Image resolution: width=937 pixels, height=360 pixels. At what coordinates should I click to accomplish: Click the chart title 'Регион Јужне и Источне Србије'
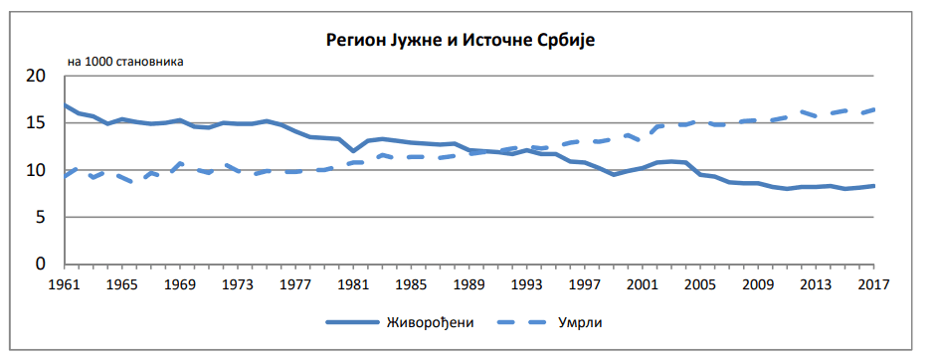click(x=468, y=41)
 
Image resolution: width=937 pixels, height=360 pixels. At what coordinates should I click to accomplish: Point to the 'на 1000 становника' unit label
click(x=126, y=62)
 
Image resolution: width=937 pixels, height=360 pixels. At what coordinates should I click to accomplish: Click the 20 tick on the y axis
click(x=37, y=77)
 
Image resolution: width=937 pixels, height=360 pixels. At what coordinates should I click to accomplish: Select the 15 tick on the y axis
click(x=37, y=123)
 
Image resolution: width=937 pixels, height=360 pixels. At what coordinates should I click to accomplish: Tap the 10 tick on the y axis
click(x=37, y=170)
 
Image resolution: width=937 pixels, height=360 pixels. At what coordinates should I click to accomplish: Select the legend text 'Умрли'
click(x=582, y=322)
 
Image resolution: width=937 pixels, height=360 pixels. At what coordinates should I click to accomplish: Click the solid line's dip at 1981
click(x=353, y=151)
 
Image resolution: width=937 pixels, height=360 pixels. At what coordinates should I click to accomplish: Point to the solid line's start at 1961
click(x=65, y=105)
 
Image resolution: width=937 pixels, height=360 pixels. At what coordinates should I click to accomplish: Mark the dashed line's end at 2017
click(x=873, y=109)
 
